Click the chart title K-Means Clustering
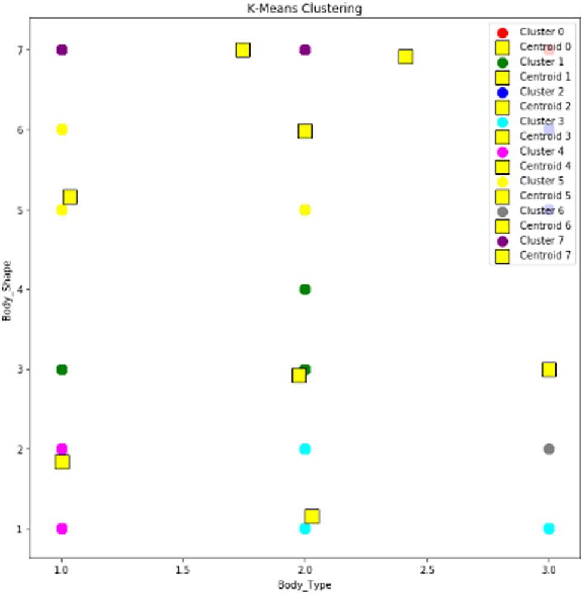coord(305,8)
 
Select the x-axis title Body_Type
coord(305,584)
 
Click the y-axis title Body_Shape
coord(7,290)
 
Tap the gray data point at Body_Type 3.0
coord(549,449)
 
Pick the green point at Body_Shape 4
coord(305,290)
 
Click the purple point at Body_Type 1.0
coord(62,50)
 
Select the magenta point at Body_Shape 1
coord(62,529)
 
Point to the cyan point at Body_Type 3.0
coord(549,529)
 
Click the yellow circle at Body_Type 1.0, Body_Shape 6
coord(62,130)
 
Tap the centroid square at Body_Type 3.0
coord(549,370)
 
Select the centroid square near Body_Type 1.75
coord(242,50)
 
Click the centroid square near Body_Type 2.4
coord(406,57)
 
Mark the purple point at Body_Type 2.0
coord(305,50)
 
